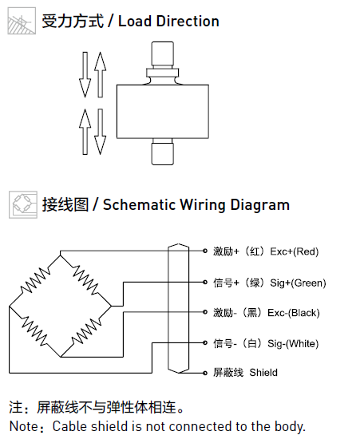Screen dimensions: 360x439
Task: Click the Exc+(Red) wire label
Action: pyautogui.click(x=295, y=251)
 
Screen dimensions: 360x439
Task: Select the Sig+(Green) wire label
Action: pyautogui.click(x=298, y=283)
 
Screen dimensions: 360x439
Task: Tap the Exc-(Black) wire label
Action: pyautogui.click(x=294, y=312)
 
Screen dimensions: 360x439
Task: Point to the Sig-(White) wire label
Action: pyautogui.click(x=293, y=343)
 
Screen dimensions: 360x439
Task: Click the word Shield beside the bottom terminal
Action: pyautogui.click(x=263, y=373)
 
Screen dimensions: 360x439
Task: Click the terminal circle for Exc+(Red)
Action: pyautogui.click(x=205, y=251)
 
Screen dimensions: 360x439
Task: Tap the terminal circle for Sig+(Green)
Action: pyautogui.click(x=205, y=283)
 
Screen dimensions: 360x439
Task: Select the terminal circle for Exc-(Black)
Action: pyautogui.click(x=205, y=312)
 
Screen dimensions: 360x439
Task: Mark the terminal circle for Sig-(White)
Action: pyautogui.click(x=205, y=342)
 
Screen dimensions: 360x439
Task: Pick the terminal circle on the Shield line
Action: pyautogui.click(x=205, y=373)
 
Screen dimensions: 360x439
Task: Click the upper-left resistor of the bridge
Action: pyautogui.click(x=35, y=280)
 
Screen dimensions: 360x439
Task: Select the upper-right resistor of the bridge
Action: pyautogui.click(x=85, y=280)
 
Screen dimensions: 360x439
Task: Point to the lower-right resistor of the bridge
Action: pyautogui.click(x=86, y=331)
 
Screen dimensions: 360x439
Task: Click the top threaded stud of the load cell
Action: pyautogui.click(x=163, y=54)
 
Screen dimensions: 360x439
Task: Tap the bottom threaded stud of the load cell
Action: pyautogui.click(x=163, y=154)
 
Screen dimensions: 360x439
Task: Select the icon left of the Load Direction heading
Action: pyautogui.click(x=22, y=21)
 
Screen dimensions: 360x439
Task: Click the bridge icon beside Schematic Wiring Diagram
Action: pyautogui.click(x=23, y=204)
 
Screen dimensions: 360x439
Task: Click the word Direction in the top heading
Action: pyautogui.click(x=188, y=22)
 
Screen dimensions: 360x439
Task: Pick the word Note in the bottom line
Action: pyautogui.click(x=24, y=426)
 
